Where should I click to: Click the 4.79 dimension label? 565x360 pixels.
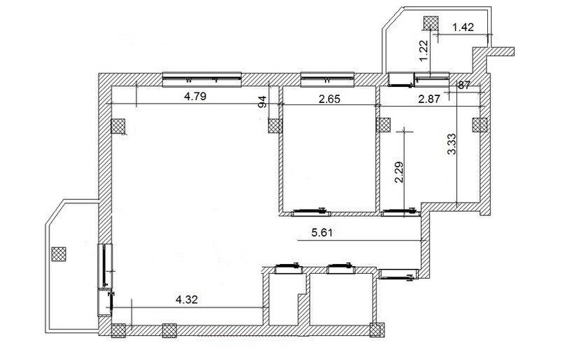coord(195,97)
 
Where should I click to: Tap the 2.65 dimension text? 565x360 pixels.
coord(329,99)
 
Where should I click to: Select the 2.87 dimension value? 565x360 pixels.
coord(429,99)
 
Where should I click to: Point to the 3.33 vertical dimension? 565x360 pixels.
coord(451,144)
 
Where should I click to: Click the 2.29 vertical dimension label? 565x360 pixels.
coord(399,172)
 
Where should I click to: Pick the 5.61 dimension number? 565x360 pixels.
coord(322,232)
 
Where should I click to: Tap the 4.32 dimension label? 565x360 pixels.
coord(186,299)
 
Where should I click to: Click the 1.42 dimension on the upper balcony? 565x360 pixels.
coord(463,27)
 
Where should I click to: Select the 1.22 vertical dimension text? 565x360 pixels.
coord(424,50)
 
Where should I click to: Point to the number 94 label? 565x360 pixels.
coord(263,102)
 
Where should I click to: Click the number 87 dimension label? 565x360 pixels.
coord(464,85)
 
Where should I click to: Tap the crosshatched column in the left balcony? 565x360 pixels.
coord(59,254)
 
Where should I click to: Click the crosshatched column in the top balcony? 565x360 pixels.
coord(431,24)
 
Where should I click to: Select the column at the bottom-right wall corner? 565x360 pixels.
coord(377,330)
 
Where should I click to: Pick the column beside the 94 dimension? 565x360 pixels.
coord(275,126)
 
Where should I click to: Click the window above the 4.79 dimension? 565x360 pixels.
coord(202,80)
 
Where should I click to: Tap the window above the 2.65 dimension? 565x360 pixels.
coord(327,80)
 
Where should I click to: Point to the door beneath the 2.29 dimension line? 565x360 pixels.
coord(401,212)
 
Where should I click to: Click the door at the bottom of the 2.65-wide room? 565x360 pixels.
coord(311,212)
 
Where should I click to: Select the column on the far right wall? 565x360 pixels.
coord(480,125)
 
